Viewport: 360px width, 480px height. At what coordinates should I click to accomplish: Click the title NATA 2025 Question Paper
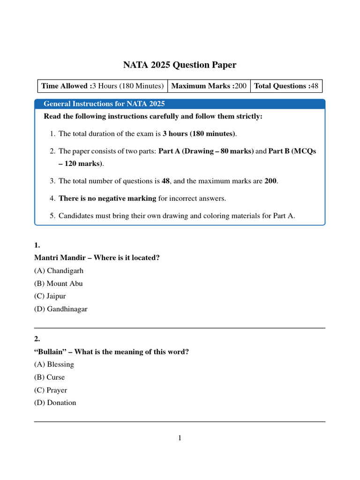180,65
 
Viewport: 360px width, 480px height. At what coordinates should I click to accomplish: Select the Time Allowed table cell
102,86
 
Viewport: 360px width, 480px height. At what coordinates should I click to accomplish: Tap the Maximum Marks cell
209,86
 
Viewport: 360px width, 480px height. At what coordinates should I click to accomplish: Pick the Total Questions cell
286,86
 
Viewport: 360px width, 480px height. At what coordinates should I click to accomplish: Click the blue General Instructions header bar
180,104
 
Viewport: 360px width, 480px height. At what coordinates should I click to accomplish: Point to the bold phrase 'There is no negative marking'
107,198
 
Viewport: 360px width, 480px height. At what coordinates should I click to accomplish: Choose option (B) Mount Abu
59,284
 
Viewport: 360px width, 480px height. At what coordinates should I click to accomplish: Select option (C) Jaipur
52,296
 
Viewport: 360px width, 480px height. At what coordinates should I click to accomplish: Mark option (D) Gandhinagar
61,309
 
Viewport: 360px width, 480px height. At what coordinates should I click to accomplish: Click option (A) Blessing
54,364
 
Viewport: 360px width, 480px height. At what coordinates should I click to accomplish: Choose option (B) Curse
50,377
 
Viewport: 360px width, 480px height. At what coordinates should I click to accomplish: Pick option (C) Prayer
51,390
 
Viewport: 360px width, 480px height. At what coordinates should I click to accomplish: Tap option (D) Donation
55,403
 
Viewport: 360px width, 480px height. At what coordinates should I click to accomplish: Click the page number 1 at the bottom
180,438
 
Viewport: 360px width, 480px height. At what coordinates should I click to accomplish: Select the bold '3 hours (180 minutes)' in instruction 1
199,134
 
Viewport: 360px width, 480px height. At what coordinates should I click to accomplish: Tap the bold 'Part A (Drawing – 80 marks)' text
206,151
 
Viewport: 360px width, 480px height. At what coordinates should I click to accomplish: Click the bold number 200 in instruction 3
271,181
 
